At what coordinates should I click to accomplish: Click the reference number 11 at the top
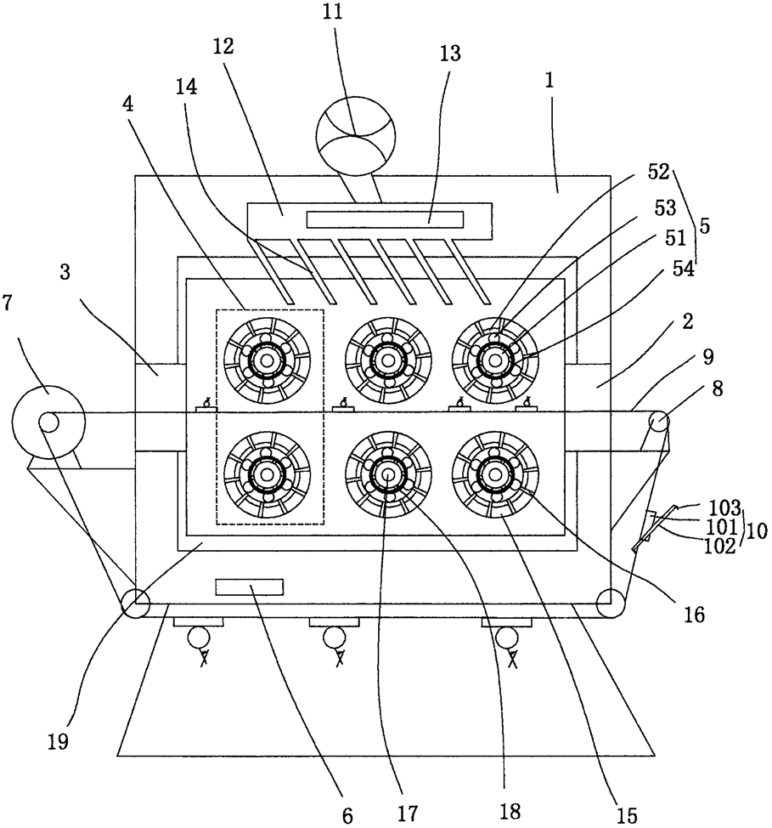tap(333, 12)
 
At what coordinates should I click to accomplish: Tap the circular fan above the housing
tap(355, 136)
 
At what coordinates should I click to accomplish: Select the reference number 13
tap(450, 54)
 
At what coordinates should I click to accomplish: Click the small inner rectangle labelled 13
tap(386, 219)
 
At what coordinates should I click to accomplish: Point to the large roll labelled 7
tap(48, 423)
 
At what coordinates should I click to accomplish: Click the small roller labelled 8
tap(659, 422)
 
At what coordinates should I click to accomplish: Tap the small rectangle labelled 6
tap(249, 587)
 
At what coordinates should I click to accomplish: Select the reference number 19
tap(58, 741)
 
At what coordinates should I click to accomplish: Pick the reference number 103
tap(724, 508)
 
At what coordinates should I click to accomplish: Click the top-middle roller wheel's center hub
tap(388, 361)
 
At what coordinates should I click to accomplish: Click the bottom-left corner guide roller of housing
tap(136, 604)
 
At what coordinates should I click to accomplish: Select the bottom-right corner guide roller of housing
tap(611, 603)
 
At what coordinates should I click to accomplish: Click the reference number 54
tap(683, 269)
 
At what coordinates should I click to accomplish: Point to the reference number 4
tap(127, 105)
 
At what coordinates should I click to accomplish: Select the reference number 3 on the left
tap(65, 274)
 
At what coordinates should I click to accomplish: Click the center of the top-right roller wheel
tap(495, 360)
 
